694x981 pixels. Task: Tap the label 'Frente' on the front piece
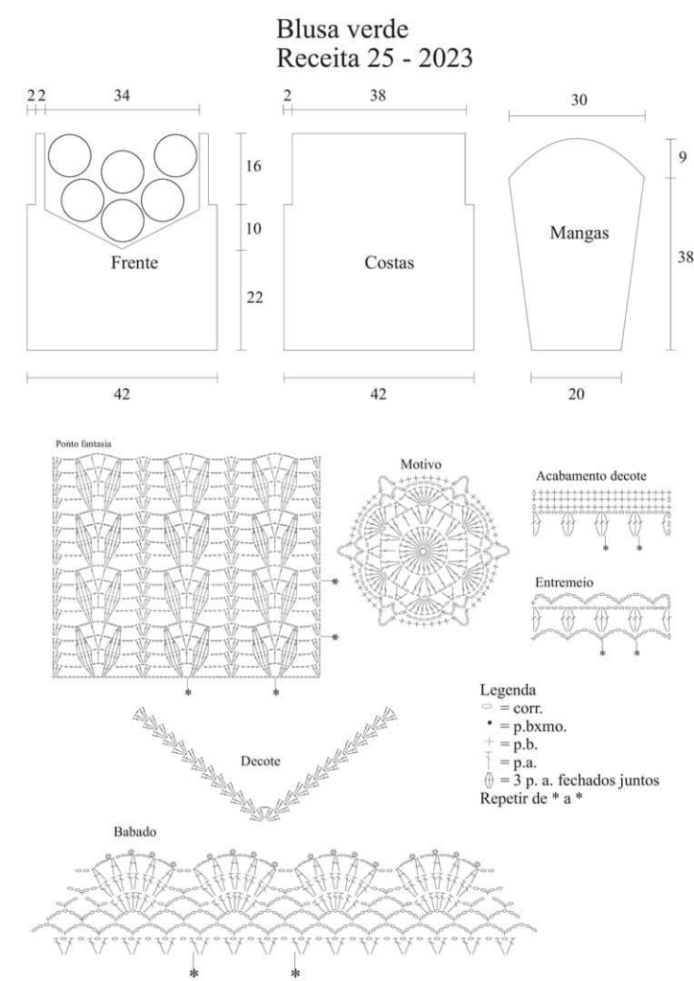134,262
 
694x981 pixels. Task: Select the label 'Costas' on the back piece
389,262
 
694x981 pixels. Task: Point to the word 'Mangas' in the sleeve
580,234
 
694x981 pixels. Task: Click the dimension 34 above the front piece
122,96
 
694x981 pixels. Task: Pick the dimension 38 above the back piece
378,96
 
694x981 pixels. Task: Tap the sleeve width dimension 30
579,100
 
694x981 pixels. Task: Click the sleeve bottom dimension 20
576,394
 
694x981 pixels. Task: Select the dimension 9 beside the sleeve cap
682,157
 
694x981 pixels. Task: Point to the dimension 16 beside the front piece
253,167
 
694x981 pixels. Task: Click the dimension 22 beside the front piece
254,298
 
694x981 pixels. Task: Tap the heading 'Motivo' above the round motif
421,465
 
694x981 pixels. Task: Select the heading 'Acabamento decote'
590,476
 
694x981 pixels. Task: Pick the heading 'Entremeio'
565,582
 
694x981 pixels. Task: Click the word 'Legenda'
507,690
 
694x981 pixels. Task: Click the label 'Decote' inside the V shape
261,762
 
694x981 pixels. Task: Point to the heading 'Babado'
134,833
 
